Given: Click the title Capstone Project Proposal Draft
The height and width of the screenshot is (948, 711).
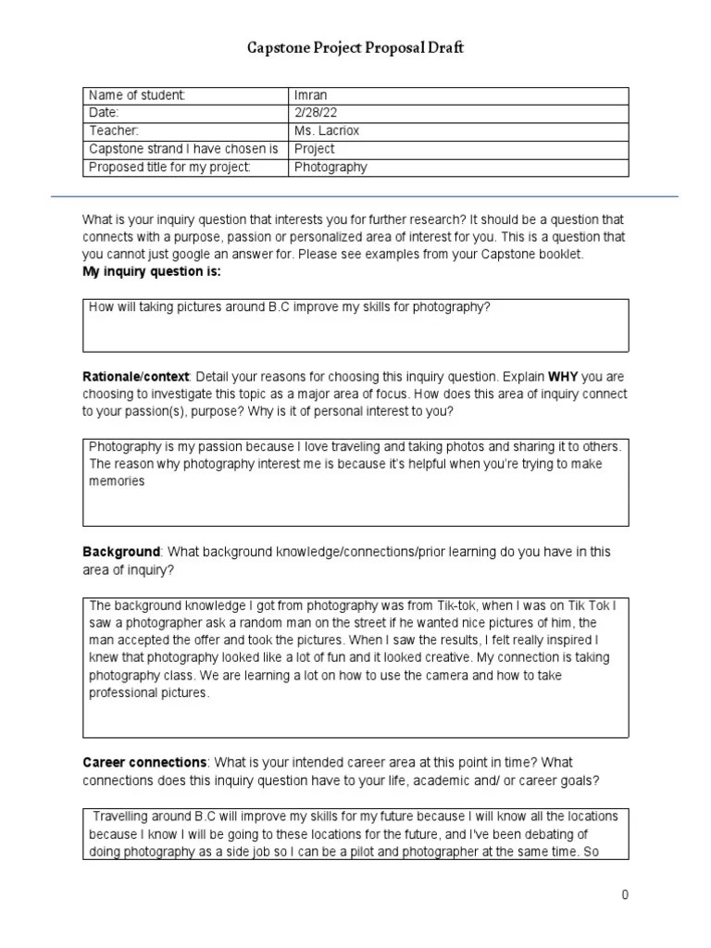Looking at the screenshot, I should [355, 48].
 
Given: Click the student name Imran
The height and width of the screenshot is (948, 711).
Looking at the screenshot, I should [312, 95].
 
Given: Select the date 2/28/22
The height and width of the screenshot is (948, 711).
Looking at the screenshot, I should [315, 113].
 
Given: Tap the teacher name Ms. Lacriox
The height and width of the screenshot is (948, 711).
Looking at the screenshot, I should [327, 131].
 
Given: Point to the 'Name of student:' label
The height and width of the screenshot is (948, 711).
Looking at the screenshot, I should [137, 95].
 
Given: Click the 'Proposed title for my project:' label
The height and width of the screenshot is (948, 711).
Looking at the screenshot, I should [169, 167].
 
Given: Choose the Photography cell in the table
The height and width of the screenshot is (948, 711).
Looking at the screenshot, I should [331, 167].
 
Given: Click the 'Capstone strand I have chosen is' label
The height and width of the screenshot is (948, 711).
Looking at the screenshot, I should [182, 148].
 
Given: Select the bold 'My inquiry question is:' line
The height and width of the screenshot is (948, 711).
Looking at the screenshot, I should [152, 272].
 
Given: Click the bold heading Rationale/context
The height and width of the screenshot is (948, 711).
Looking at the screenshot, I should [135, 378].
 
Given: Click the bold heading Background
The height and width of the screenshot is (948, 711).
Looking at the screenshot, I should [121, 552].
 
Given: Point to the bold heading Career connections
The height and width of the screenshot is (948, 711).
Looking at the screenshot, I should [144, 762].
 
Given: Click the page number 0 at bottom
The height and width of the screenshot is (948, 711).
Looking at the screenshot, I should [625, 894].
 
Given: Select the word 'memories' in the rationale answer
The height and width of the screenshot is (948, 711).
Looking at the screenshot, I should [117, 481].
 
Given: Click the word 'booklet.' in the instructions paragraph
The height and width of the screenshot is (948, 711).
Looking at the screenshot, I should [561, 255].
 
